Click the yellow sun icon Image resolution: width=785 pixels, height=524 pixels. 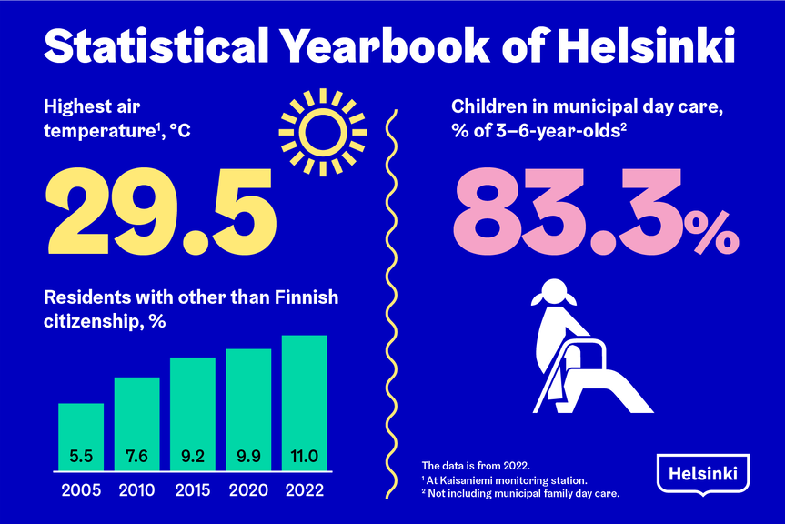321,132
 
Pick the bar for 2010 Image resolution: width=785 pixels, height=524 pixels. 136,424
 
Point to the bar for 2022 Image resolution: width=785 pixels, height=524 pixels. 304,403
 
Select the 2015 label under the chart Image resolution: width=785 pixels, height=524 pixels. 193,489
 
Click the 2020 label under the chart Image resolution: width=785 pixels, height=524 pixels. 248,489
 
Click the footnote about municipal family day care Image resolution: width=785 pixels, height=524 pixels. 519,495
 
